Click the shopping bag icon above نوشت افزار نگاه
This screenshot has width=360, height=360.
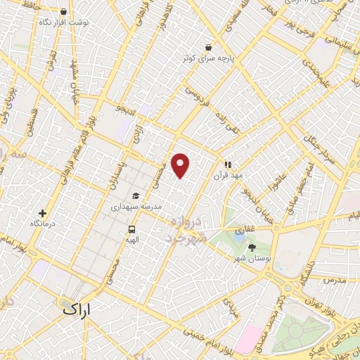(64, 11)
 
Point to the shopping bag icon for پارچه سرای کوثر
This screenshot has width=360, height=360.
(209, 46)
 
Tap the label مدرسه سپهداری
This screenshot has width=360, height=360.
(136, 207)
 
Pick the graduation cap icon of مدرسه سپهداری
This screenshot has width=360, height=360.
(135, 196)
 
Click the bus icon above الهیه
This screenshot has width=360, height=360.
(131, 229)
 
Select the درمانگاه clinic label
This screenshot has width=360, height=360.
(43, 223)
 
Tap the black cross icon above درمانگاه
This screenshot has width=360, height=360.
(42, 212)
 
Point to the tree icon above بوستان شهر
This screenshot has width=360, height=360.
(252, 248)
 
